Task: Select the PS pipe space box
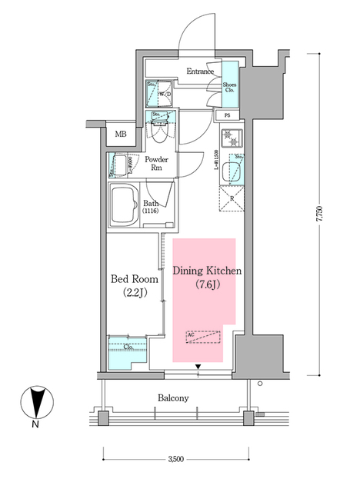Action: coord(227,115)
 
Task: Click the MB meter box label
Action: coord(122,135)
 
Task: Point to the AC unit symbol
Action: coord(203,336)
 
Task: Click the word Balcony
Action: coord(174,397)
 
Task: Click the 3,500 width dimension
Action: coord(176,460)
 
